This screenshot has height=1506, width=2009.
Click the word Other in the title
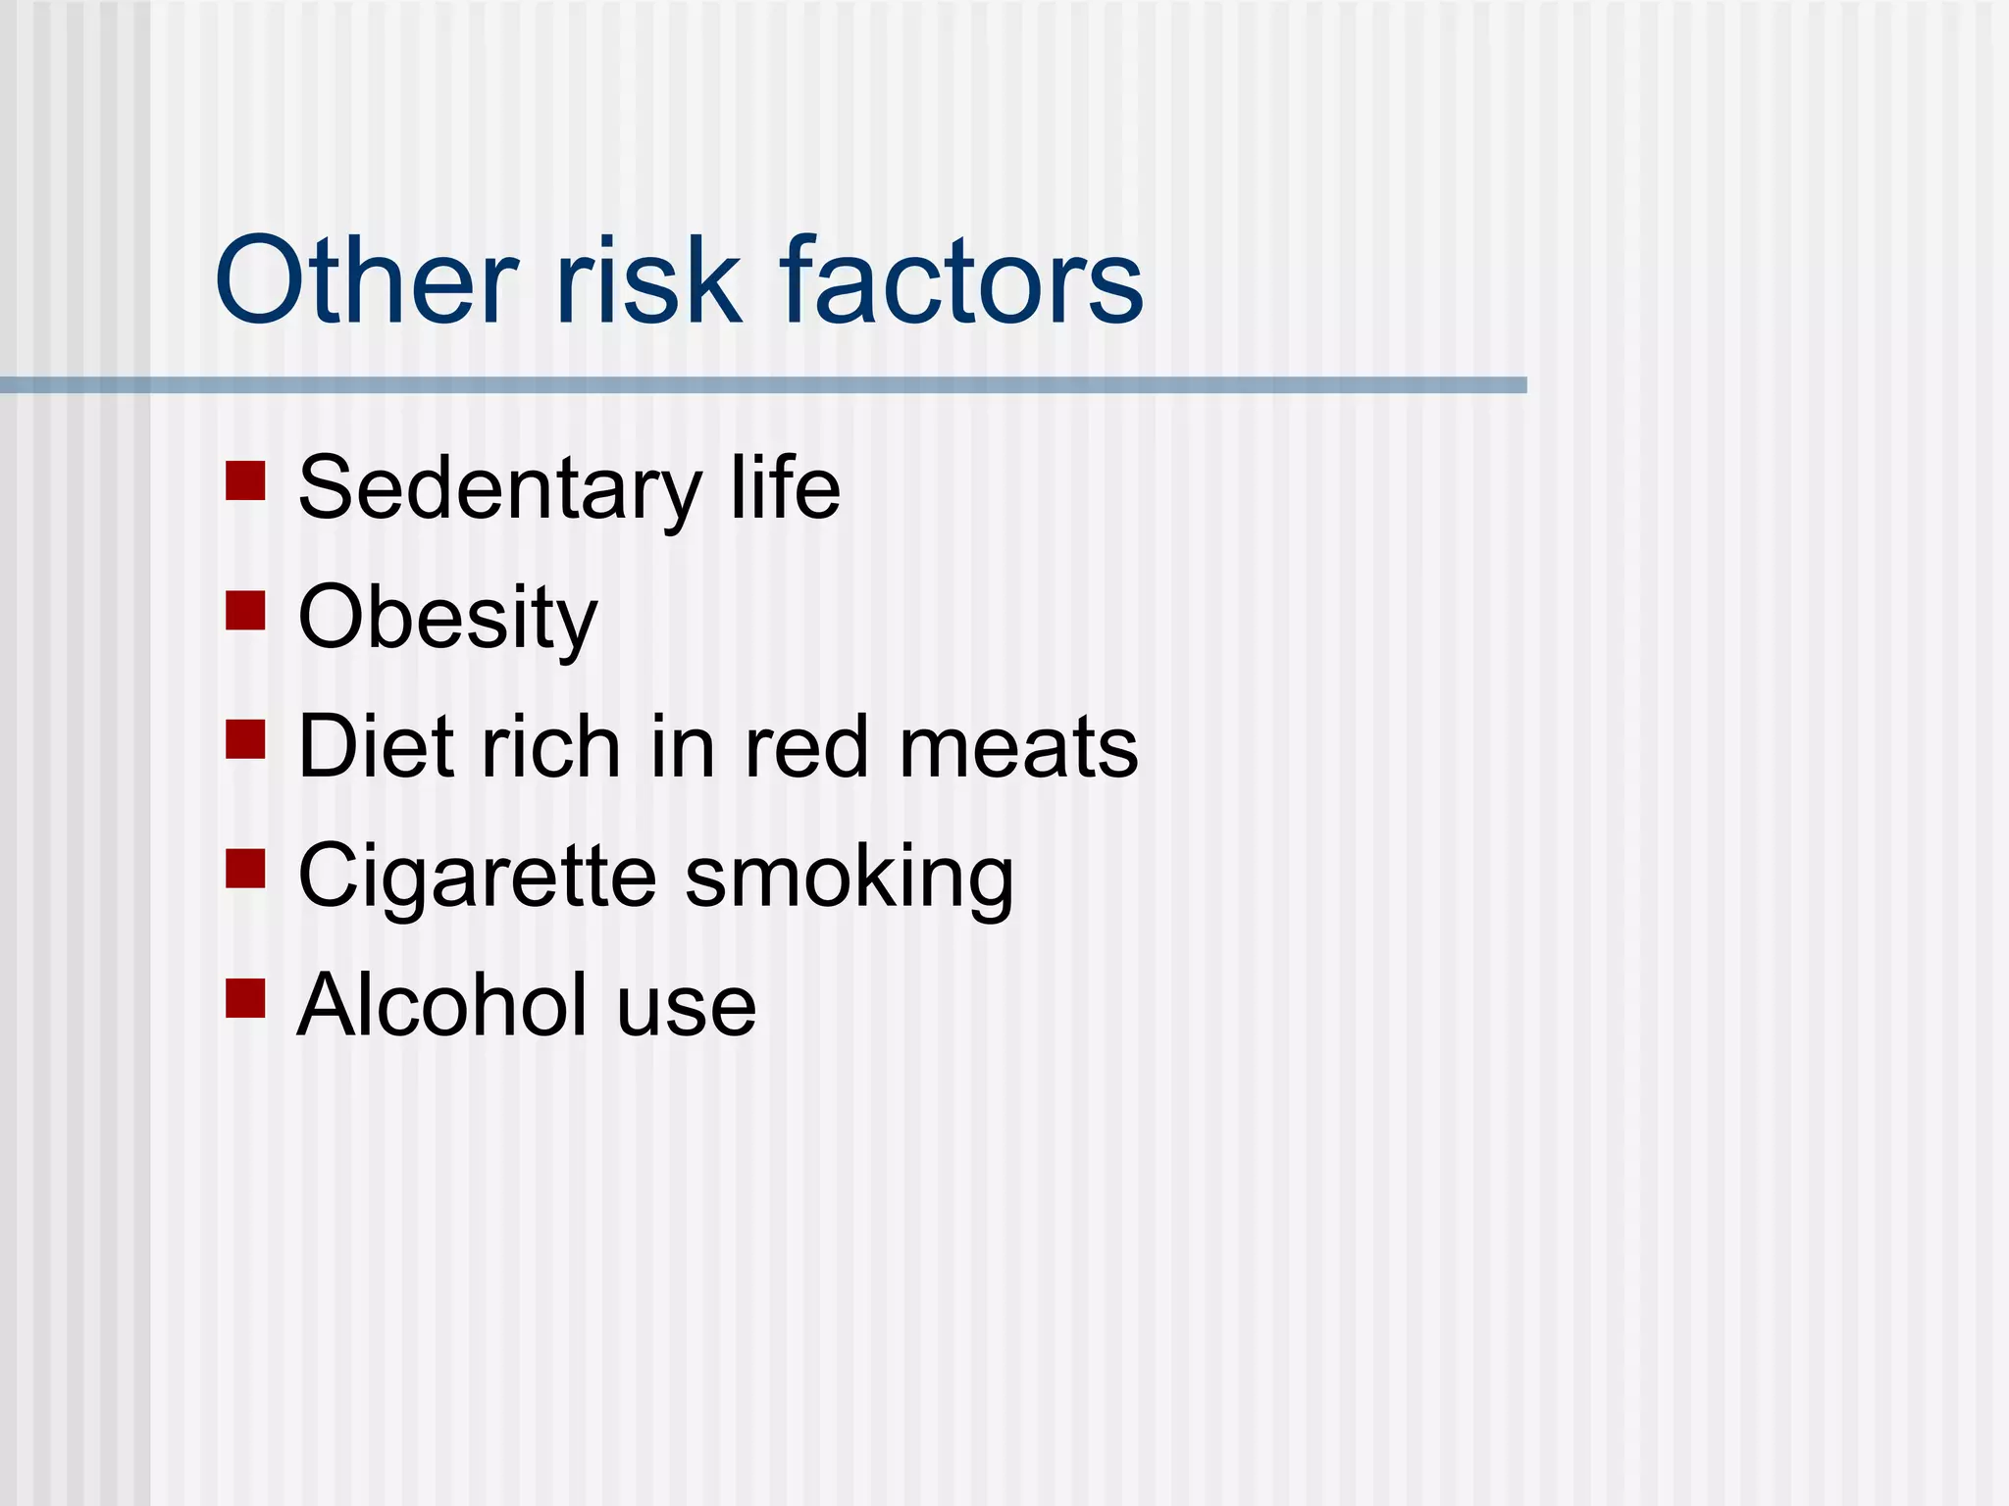365,282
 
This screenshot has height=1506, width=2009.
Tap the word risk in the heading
648,282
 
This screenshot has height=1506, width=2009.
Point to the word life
785,488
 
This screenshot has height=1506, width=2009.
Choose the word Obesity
447,619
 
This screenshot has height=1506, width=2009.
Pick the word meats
1018,748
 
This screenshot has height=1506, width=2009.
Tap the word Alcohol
441,1005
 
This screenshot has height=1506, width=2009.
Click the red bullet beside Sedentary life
245,481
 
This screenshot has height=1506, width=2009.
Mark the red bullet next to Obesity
245,610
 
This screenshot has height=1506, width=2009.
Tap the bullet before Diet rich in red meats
245,739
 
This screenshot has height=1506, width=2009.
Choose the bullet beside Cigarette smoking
245,869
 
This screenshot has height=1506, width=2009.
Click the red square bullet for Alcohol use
245,998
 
